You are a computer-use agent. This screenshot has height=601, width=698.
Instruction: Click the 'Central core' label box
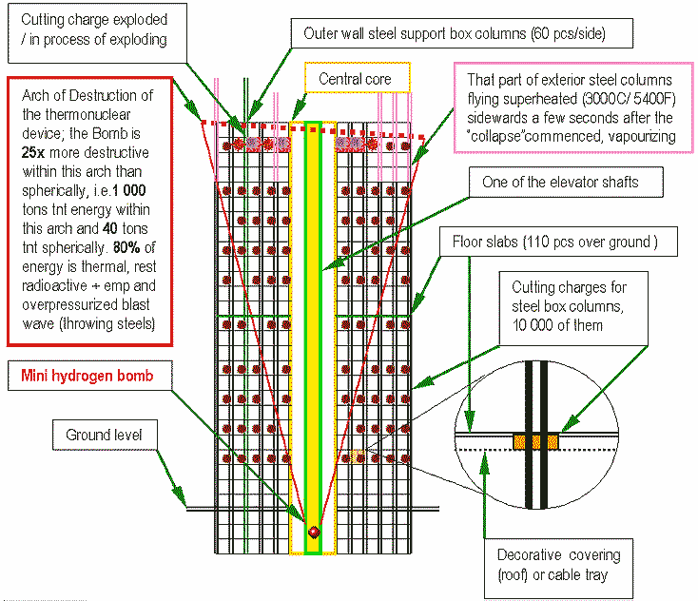[356, 79]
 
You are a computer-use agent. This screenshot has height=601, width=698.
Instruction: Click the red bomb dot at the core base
[314, 531]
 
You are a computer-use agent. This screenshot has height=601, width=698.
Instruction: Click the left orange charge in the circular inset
[522, 439]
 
